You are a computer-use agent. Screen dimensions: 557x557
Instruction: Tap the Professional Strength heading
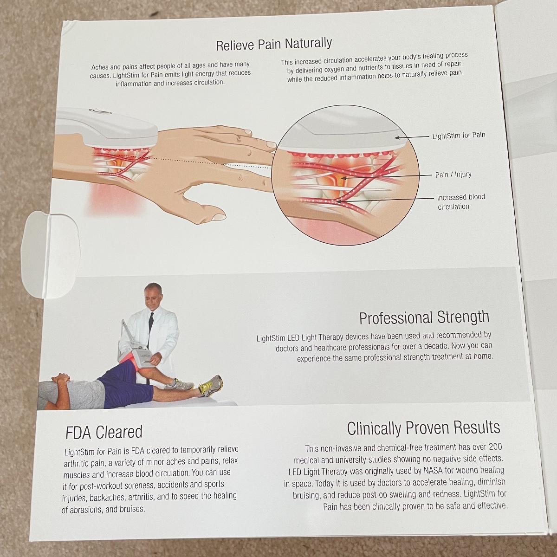[424, 317]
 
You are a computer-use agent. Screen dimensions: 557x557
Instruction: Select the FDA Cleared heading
[104, 432]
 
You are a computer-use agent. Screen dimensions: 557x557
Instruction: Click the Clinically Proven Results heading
[423, 428]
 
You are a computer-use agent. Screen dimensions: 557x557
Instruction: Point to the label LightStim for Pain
[459, 135]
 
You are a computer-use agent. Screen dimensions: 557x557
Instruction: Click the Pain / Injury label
[453, 175]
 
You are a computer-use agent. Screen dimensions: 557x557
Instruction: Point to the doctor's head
[153, 295]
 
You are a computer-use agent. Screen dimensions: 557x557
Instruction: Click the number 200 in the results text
[495, 447]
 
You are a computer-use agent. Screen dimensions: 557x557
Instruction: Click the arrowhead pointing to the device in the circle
[397, 138]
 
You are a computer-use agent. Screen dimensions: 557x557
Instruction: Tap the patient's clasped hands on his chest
[61, 379]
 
